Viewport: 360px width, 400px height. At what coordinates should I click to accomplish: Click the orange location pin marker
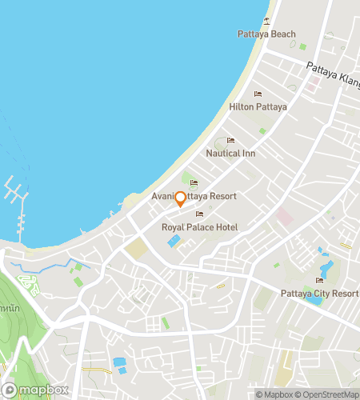coord(180,199)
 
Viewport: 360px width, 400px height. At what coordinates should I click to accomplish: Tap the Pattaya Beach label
coord(266,34)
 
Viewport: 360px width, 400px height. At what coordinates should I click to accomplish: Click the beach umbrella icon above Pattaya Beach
coord(266,22)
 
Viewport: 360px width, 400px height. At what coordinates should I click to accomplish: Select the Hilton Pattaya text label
coord(258,106)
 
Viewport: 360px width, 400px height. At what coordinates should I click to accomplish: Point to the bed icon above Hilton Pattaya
coord(258,94)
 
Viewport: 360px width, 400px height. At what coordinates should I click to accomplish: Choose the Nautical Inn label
coord(231,152)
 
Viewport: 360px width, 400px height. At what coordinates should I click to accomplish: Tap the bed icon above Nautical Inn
coord(230,141)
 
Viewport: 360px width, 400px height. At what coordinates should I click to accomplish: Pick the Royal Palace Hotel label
coord(199,227)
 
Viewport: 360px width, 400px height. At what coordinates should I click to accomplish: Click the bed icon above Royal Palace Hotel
coord(199,214)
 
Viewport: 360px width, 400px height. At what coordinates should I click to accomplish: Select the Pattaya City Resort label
coord(319,294)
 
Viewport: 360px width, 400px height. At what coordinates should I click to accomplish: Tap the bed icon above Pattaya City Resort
coord(319,280)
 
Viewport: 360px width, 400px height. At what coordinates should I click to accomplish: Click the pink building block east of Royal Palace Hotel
coord(285,216)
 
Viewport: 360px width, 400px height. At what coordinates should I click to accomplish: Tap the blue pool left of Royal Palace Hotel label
coord(174,240)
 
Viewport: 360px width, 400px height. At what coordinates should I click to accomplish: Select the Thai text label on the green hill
coord(8,308)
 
